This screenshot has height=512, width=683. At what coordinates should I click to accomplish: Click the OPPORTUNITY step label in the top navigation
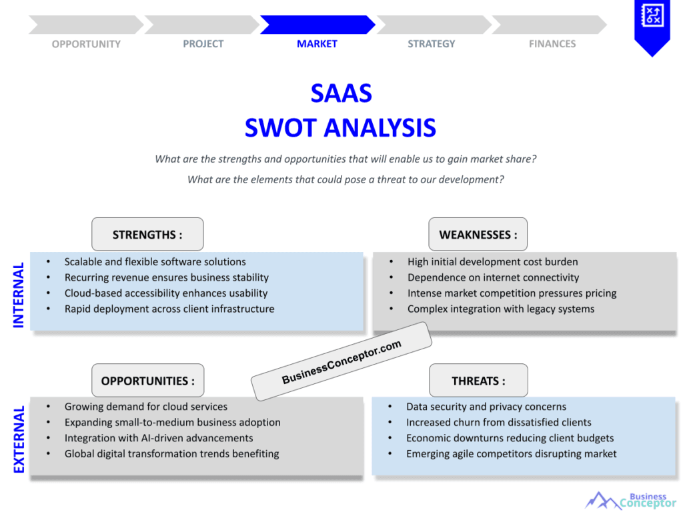(86, 44)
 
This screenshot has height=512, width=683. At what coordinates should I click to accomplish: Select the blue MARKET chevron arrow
(317, 25)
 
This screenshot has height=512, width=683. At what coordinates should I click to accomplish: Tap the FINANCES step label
(552, 44)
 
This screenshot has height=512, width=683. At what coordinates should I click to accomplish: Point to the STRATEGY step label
(432, 44)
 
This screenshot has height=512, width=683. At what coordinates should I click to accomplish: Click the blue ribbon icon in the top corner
(652, 23)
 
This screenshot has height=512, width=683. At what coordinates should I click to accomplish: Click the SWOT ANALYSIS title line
(340, 127)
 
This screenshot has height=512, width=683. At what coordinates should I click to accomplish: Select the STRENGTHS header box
(147, 235)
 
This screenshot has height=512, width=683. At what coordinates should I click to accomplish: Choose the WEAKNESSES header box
(478, 235)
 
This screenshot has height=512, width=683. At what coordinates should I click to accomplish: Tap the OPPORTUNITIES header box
(147, 381)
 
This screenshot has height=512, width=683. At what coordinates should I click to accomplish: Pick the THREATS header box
(478, 381)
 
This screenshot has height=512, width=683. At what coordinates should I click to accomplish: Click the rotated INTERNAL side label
(19, 295)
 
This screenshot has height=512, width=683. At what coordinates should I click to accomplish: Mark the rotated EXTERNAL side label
(19, 439)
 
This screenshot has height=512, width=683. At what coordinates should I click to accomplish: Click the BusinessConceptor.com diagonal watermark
(341, 361)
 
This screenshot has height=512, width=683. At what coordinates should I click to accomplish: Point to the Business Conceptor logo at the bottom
(630, 500)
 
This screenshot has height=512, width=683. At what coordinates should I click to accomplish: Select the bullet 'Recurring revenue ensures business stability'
(166, 277)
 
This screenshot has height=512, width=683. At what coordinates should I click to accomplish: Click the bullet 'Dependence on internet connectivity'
(493, 277)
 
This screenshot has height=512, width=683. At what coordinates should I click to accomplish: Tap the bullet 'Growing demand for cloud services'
(145, 407)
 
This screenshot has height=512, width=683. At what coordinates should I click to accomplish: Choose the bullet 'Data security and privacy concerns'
(486, 407)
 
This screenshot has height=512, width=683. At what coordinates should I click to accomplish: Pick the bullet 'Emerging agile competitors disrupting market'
(511, 454)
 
